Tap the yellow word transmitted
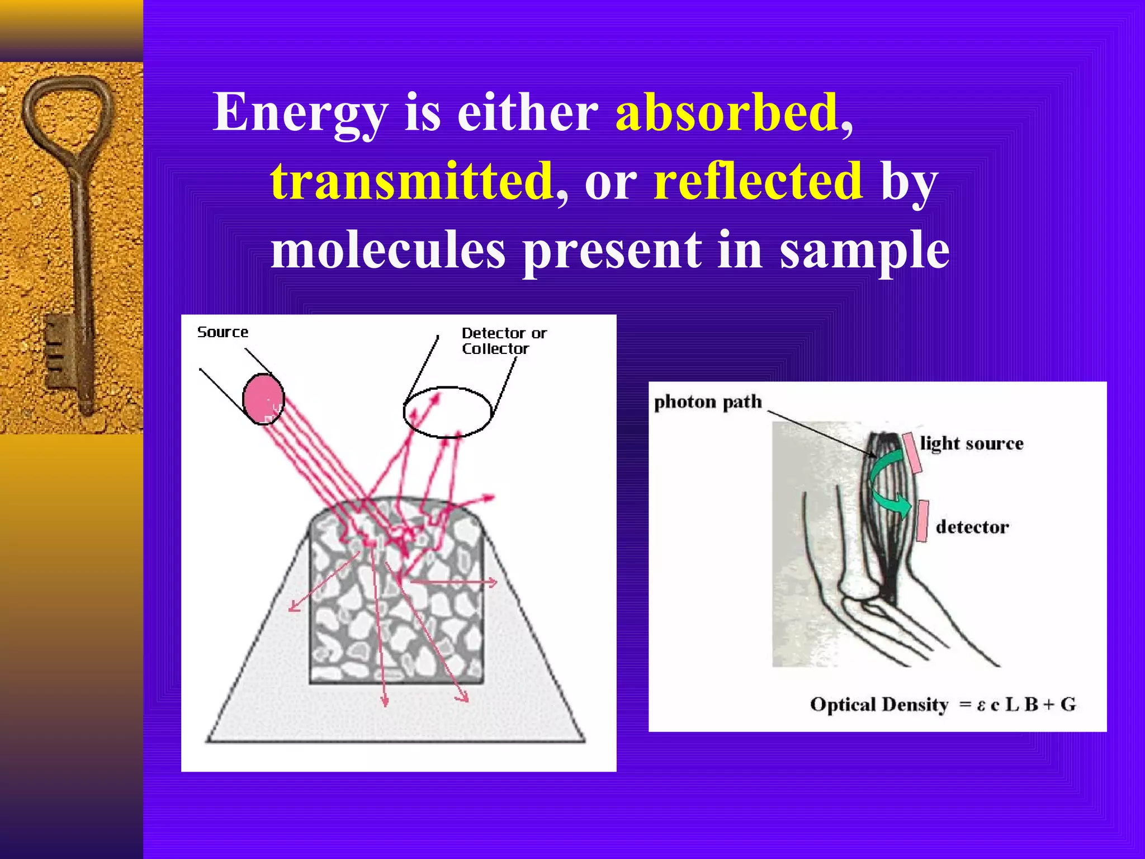(x=411, y=180)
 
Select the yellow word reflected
(x=758, y=180)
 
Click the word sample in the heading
(x=864, y=251)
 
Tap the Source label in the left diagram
(x=223, y=332)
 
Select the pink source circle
(x=263, y=399)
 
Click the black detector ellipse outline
(x=447, y=388)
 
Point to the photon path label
(x=708, y=402)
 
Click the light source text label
(x=972, y=443)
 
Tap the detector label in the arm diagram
(x=972, y=527)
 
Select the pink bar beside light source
(x=912, y=452)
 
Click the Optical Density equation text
(x=943, y=704)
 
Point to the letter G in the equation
(x=1068, y=704)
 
